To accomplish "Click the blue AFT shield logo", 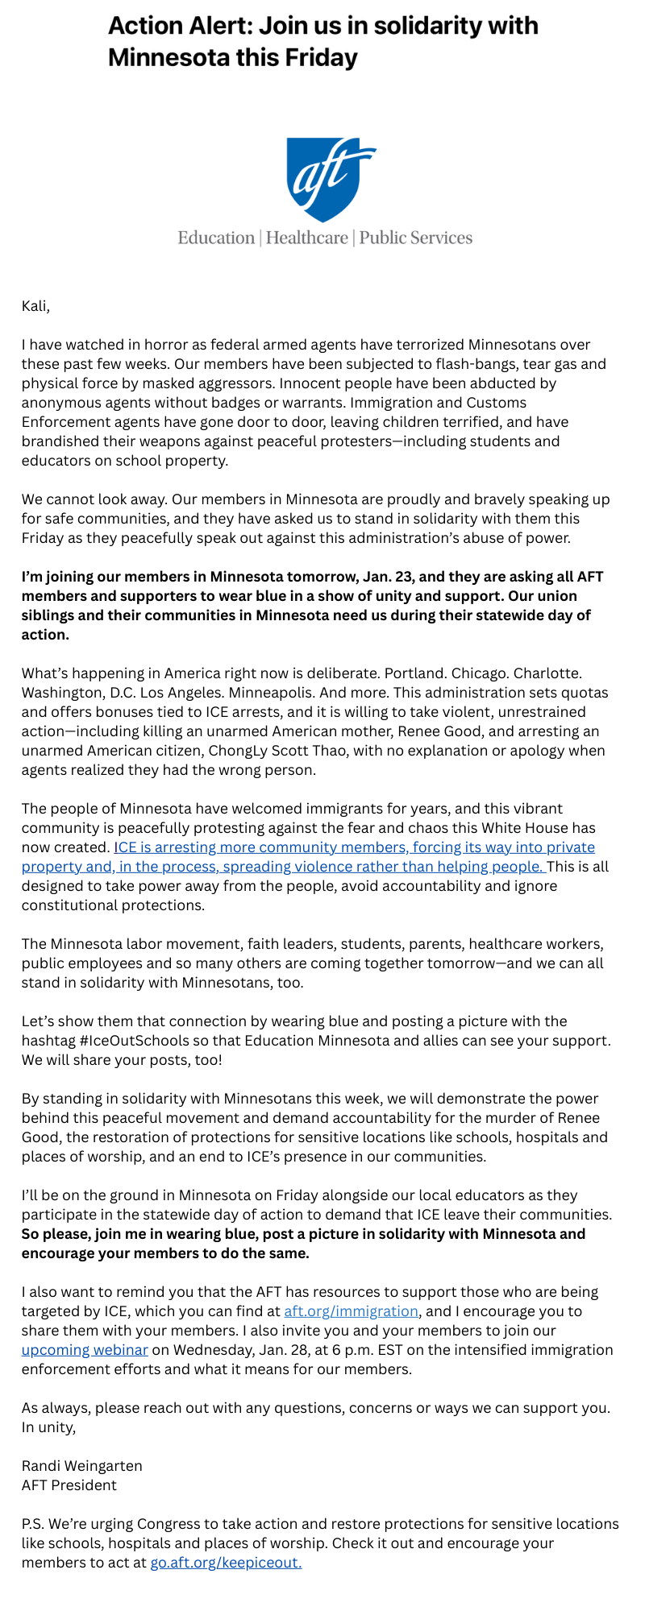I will click(x=330, y=179).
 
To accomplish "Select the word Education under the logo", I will click(x=215, y=238).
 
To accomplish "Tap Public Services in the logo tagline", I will click(x=415, y=238).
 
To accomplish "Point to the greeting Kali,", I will click(x=35, y=306).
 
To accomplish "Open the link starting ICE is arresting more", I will click(x=355, y=847).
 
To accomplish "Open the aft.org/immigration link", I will click(x=351, y=1311).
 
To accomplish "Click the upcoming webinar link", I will click(x=85, y=1350).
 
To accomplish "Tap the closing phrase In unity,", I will click(x=48, y=1427).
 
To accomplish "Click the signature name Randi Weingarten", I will click(x=81, y=1466).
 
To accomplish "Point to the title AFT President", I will click(x=69, y=1485).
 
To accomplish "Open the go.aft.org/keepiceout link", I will click(x=226, y=1563).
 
